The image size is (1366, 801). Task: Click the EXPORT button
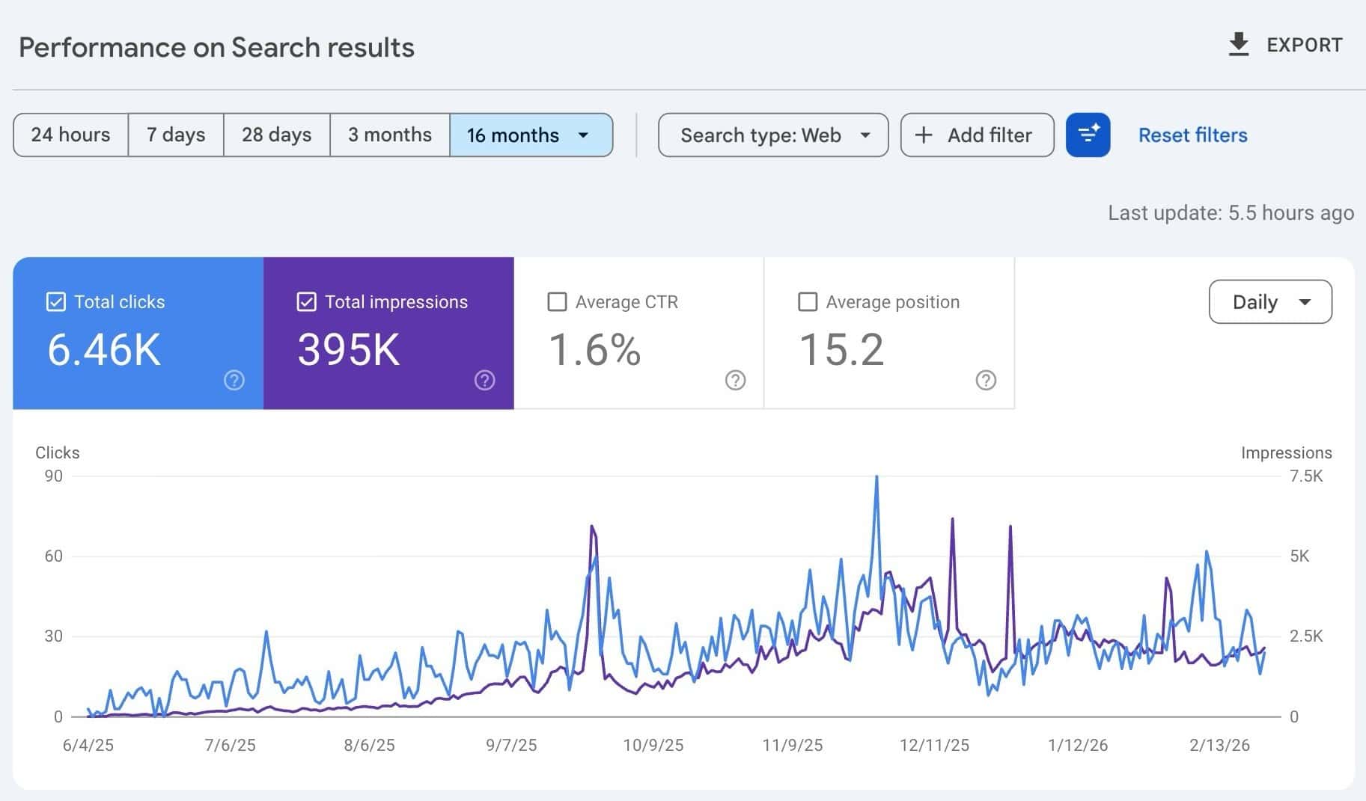(x=1285, y=45)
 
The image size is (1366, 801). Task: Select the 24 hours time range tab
(x=70, y=135)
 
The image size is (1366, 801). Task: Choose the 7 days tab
(x=176, y=135)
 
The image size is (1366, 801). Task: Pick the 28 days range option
(x=276, y=135)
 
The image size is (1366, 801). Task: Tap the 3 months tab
(x=389, y=135)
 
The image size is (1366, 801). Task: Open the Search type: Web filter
(x=773, y=135)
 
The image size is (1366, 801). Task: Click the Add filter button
(x=977, y=135)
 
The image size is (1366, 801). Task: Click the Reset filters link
(x=1192, y=135)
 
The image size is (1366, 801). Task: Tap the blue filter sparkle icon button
(x=1088, y=135)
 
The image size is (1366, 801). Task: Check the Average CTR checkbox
(x=557, y=302)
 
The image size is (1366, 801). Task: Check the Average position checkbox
(x=808, y=302)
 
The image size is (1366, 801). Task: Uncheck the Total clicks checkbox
(x=56, y=302)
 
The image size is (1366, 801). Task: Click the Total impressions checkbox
(x=306, y=302)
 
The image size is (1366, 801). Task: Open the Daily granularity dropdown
(x=1270, y=302)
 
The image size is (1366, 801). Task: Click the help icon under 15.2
(x=986, y=381)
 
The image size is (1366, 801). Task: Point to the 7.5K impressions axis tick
(x=1306, y=476)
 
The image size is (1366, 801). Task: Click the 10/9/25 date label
(x=653, y=746)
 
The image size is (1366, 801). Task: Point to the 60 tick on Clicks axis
(x=54, y=556)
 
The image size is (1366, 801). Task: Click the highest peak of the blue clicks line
(x=876, y=477)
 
